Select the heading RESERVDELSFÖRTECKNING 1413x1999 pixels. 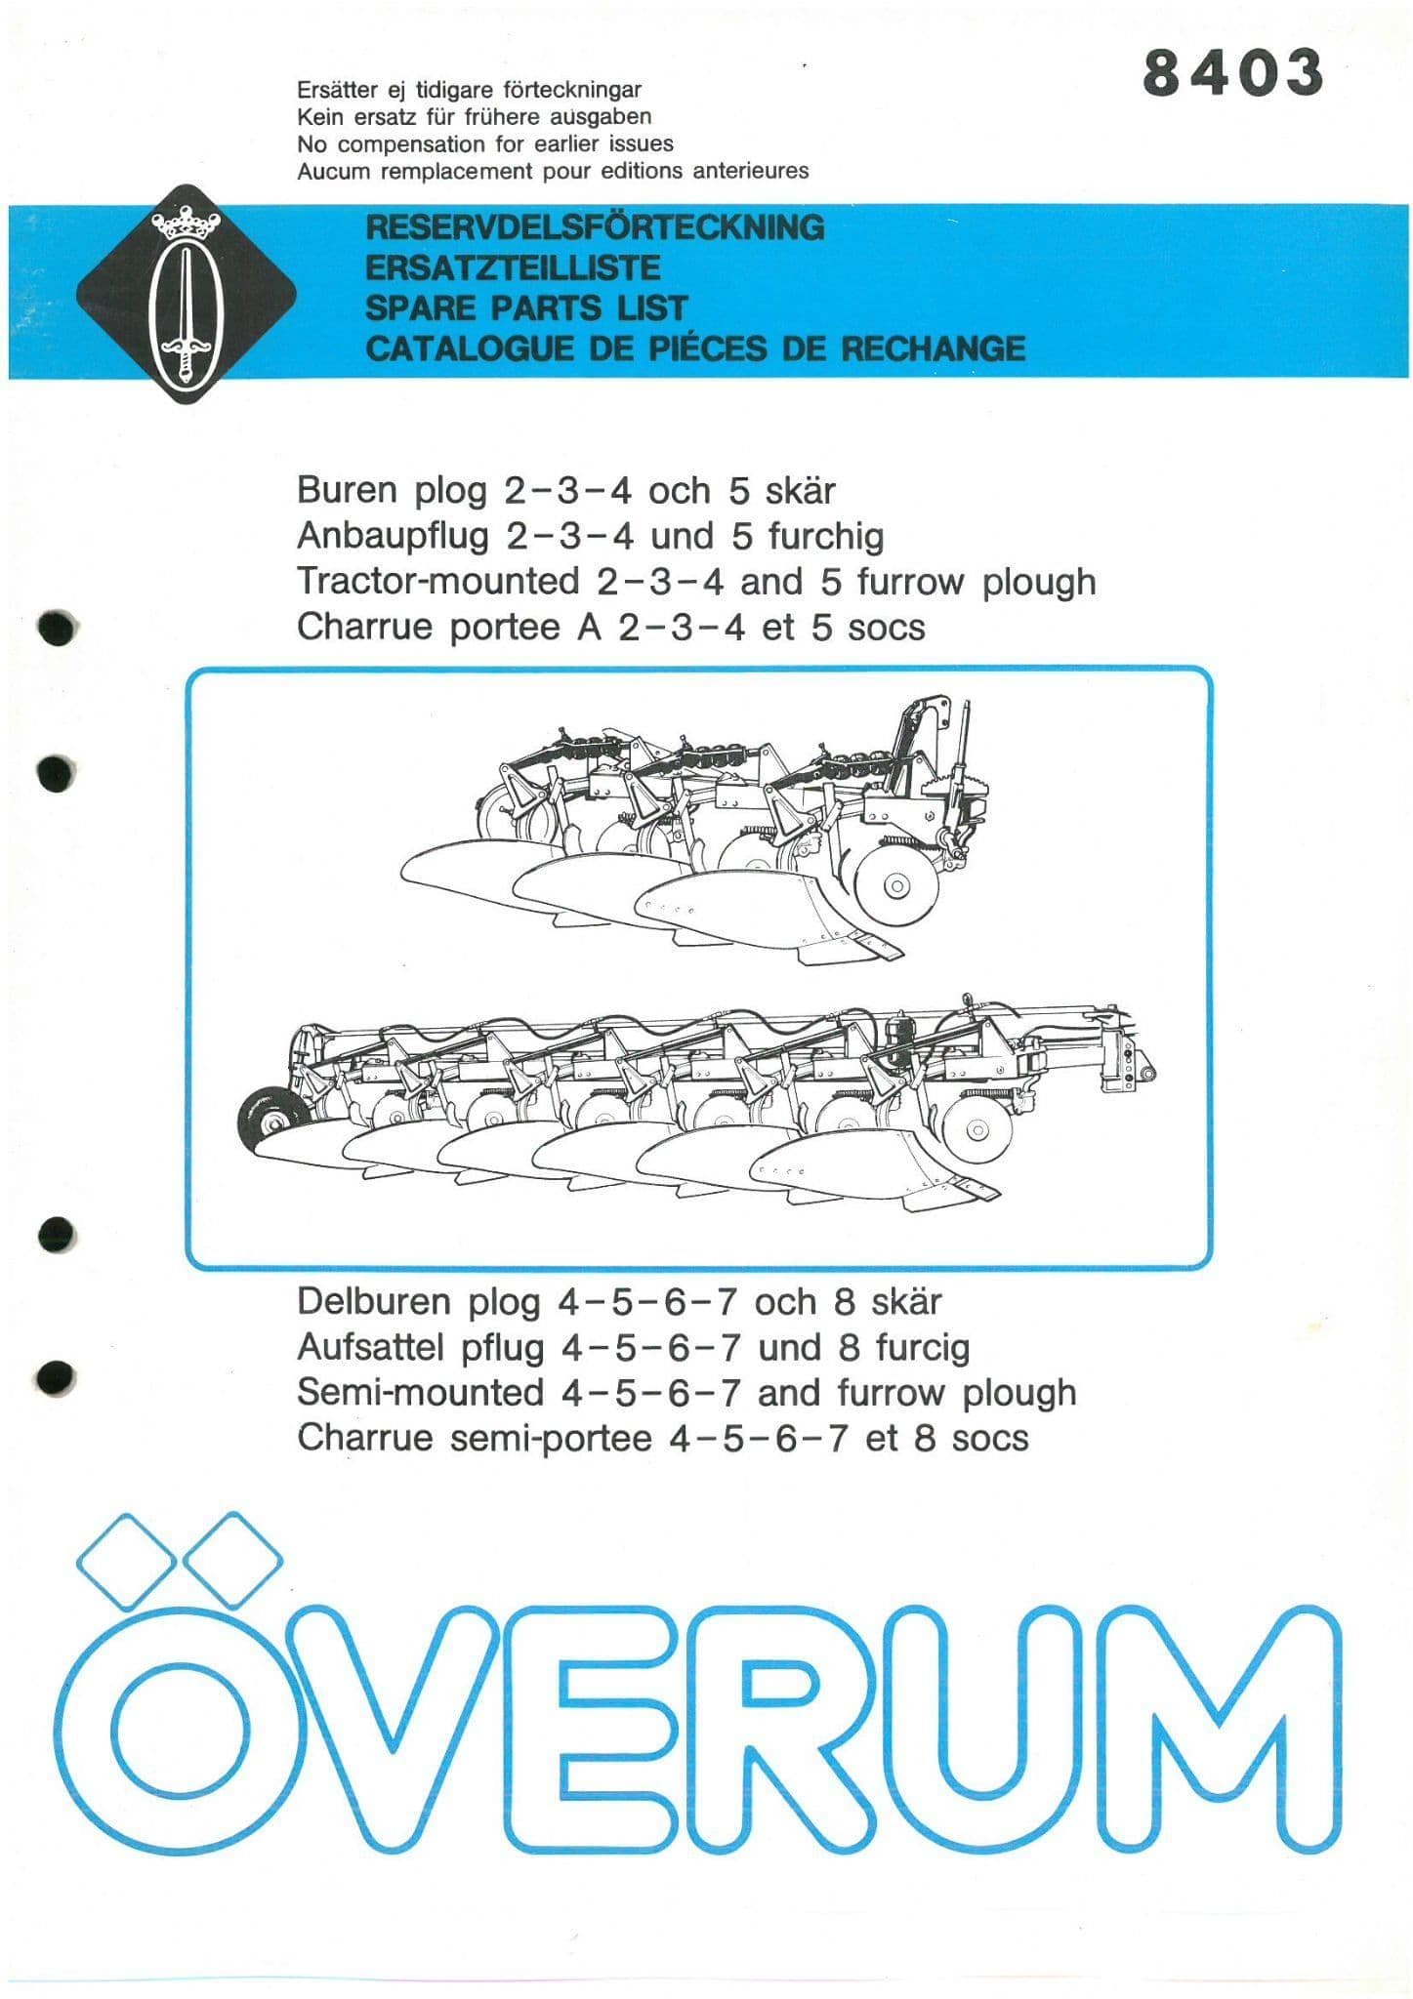[595, 227]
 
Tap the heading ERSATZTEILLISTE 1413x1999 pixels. [513, 267]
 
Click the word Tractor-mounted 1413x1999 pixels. [438, 582]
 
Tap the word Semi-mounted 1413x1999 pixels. [420, 1392]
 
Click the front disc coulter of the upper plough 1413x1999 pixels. [894, 884]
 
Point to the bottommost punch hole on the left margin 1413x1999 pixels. [57, 1376]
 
